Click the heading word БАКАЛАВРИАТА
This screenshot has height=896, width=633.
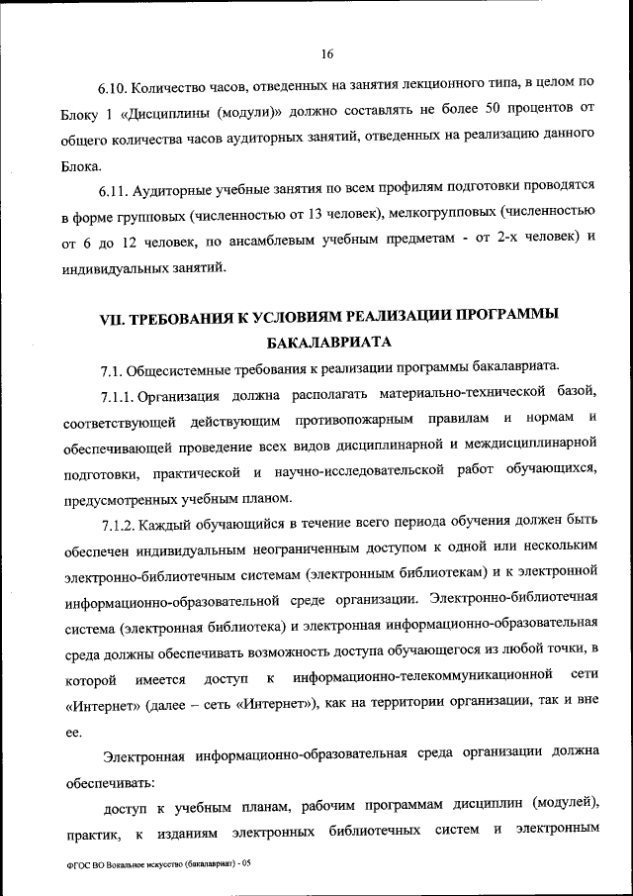(329, 344)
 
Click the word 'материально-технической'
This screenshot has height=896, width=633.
(470, 397)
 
